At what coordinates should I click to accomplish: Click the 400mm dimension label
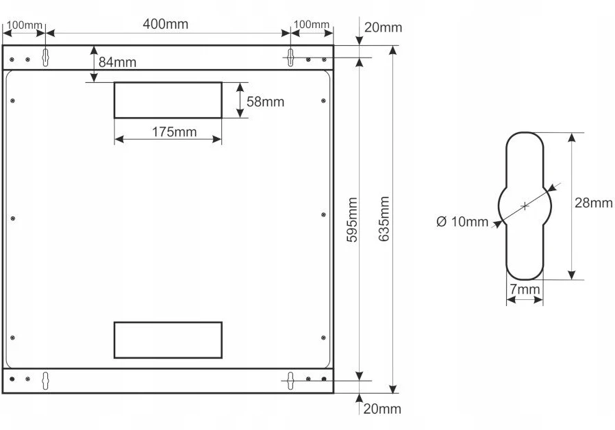pos(166,24)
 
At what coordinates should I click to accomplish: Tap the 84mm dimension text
pos(117,62)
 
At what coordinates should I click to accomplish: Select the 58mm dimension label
pos(265,102)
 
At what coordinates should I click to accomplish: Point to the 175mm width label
pos(174,132)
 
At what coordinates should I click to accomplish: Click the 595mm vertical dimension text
pos(352,220)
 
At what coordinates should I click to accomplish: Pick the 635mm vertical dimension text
pos(384,218)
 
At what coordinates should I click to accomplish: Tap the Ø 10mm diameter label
pos(462,222)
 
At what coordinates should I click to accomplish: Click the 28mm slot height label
pos(594,203)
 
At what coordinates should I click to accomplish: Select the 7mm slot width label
pos(525,290)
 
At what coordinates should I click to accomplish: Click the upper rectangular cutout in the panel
pos(168,82)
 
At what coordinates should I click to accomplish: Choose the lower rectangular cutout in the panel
pos(168,322)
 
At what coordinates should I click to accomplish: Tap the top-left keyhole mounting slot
pos(45,58)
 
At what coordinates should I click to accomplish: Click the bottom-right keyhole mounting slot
pos(290,381)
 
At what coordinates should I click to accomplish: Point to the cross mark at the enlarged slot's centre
pos(525,206)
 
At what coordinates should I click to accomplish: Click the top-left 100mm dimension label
pos(25,25)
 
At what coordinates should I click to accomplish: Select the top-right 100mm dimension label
pos(312,24)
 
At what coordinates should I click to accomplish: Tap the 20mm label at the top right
pos(384,28)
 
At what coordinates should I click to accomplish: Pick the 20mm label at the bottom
pos(382,409)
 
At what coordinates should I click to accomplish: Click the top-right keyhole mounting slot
pos(290,58)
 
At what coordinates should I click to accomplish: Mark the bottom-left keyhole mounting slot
pos(45,381)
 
